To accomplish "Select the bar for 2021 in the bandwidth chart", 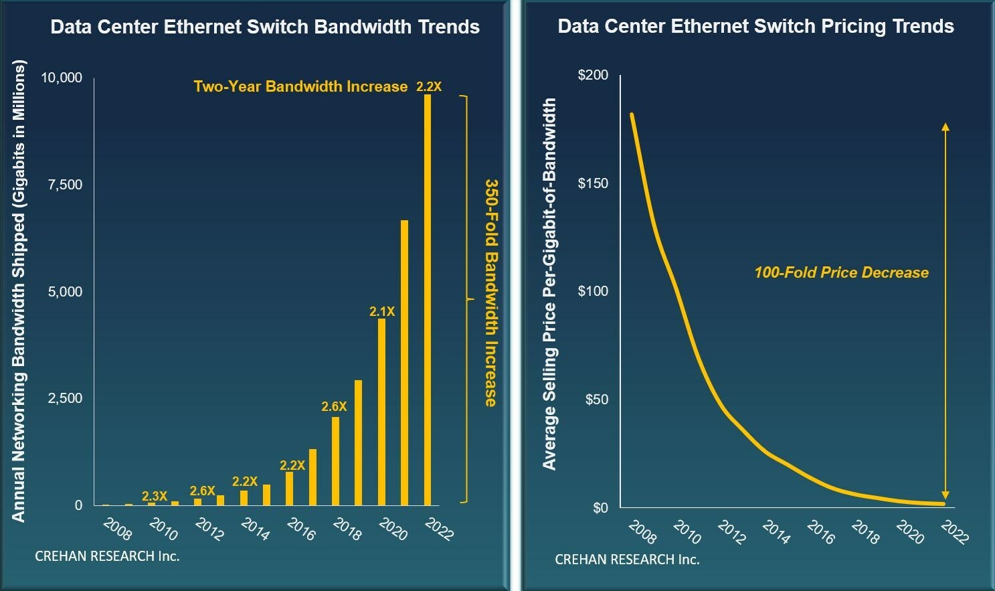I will tap(404, 362).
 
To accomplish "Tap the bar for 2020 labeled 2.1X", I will tap(381, 412).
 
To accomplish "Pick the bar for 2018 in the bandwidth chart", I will tap(335, 461).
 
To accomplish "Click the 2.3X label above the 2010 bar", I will tap(155, 496).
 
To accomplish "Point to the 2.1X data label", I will tap(382, 311).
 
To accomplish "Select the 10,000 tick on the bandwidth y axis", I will tap(62, 78).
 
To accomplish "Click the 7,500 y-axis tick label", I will tap(65, 185).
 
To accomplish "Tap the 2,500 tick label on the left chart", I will tap(65, 398).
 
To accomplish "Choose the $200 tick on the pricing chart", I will tap(593, 74).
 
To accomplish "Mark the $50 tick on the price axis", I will tap(596, 399).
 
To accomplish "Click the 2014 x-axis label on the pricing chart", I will tap(776, 532).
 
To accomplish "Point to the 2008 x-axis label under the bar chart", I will tap(118, 529).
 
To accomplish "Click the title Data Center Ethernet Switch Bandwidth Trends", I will tap(265, 27).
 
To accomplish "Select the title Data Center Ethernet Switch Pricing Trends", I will tap(755, 26).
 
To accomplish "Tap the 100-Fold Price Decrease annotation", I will tap(841, 272).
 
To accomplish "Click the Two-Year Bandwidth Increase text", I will tap(300, 86).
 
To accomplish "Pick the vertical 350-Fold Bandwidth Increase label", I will tap(491, 292).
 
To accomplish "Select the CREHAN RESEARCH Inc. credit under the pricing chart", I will tap(627, 560).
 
